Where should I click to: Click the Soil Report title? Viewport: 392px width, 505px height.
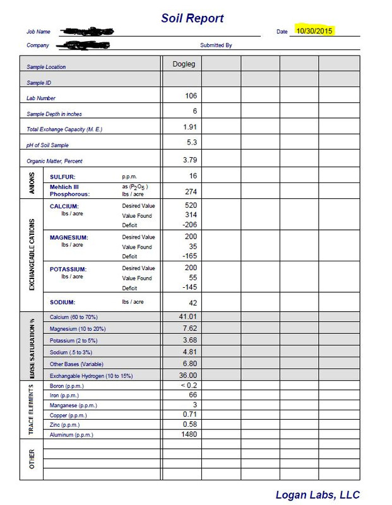tap(192, 18)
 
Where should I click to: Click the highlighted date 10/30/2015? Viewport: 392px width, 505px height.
tap(314, 30)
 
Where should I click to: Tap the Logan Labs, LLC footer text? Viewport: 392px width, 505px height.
tap(317, 494)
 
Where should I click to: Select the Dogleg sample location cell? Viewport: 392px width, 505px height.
tap(184, 64)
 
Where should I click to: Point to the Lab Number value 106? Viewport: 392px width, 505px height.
tap(191, 95)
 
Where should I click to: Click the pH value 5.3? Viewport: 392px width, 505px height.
tap(192, 143)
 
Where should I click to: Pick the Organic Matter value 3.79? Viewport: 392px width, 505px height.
tap(189, 160)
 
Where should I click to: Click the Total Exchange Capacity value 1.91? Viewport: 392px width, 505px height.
tap(189, 127)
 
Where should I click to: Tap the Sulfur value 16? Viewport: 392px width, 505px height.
tap(193, 176)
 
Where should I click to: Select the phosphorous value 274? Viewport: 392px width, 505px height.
tap(191, 191)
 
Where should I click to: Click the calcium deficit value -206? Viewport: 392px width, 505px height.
tap(189, 225)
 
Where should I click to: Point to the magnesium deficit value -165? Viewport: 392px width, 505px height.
tap(189, 256)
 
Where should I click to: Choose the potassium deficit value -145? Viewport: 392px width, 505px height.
tap(189, 287)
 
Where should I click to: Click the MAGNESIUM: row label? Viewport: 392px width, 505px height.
tap(69, 237)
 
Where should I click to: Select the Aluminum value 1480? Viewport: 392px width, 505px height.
tap(189, 434)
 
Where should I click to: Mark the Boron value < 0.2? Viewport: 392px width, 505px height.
tap(189, 385)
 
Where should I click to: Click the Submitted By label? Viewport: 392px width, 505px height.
tap(216, 45)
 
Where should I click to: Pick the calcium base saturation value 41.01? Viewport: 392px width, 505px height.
tap(189, 316)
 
